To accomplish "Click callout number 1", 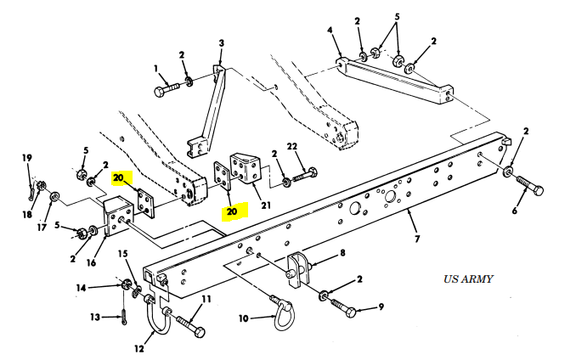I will coord(156,68).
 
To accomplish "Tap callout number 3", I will coord(222,43).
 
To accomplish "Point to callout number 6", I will coord(514,211).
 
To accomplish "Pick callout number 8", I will coord(342,252).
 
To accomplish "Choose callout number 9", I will coord(381,307).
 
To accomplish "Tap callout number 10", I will coord(245,318).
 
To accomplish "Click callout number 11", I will coord(205,299).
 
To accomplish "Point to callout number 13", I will coord(97,318).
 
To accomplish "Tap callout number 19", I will coord(26,158).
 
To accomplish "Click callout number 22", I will coord(291,148).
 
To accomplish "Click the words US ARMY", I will coord(467,278).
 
